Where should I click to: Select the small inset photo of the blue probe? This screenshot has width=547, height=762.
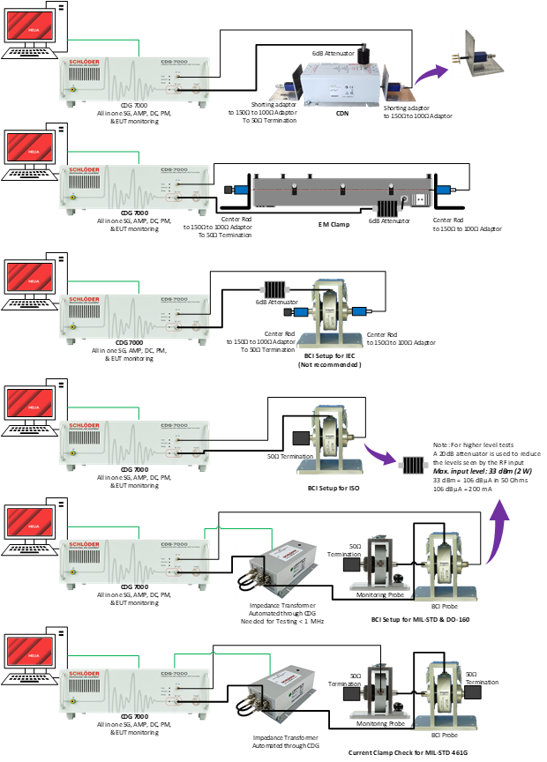pyautogui.click(x=478, y=53)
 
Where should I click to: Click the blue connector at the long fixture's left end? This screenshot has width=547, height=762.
pyautogui.click(x=240, y=190)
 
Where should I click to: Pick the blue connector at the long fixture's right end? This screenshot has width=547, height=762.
pyautogui.click(x=443, y=190)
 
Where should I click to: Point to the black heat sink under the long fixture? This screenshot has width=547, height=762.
pyautogui.click(x=389, y=208)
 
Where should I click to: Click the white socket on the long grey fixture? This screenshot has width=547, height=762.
pyautogui.click(x=422, y=198)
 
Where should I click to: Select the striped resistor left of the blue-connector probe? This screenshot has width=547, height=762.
pyautogui.click(x=275, y=288)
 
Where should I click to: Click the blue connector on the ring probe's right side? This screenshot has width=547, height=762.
pyautogui.click(x=358, y=311)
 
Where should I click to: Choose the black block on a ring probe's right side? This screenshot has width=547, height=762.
pyautogui.click(x=473, y=692)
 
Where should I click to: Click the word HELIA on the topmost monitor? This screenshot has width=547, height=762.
pyautogui.click(x=34, y=26)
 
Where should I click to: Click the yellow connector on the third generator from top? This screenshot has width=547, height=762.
pyautogui.click(x=72, y=327)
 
